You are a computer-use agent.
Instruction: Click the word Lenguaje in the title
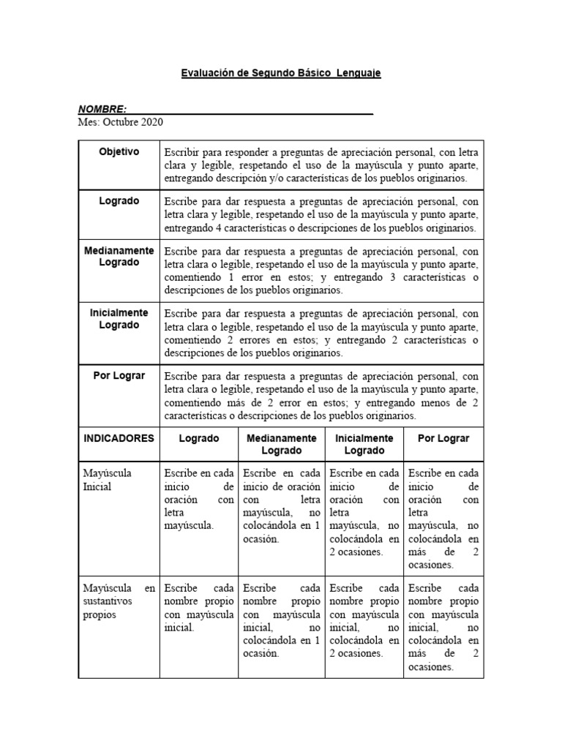coord(359,74)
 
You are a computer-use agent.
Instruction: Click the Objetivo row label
coord(119,151)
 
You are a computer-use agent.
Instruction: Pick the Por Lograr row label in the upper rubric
coord(119,375)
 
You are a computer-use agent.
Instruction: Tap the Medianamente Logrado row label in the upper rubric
coord(119,256)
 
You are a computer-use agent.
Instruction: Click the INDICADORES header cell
coord(119,438)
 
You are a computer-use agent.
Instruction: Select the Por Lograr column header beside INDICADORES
coord(443,438)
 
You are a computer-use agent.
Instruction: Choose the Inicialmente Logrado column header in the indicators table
coord(364,444)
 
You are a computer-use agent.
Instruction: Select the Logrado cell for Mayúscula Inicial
coord(198,499)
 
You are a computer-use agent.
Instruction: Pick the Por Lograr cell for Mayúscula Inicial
coord(443,519)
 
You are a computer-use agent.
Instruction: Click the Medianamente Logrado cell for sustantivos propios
coord(281,620)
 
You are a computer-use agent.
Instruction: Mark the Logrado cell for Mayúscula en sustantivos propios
coord(198,607)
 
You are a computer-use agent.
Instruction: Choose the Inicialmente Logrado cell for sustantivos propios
coord(364,620)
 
